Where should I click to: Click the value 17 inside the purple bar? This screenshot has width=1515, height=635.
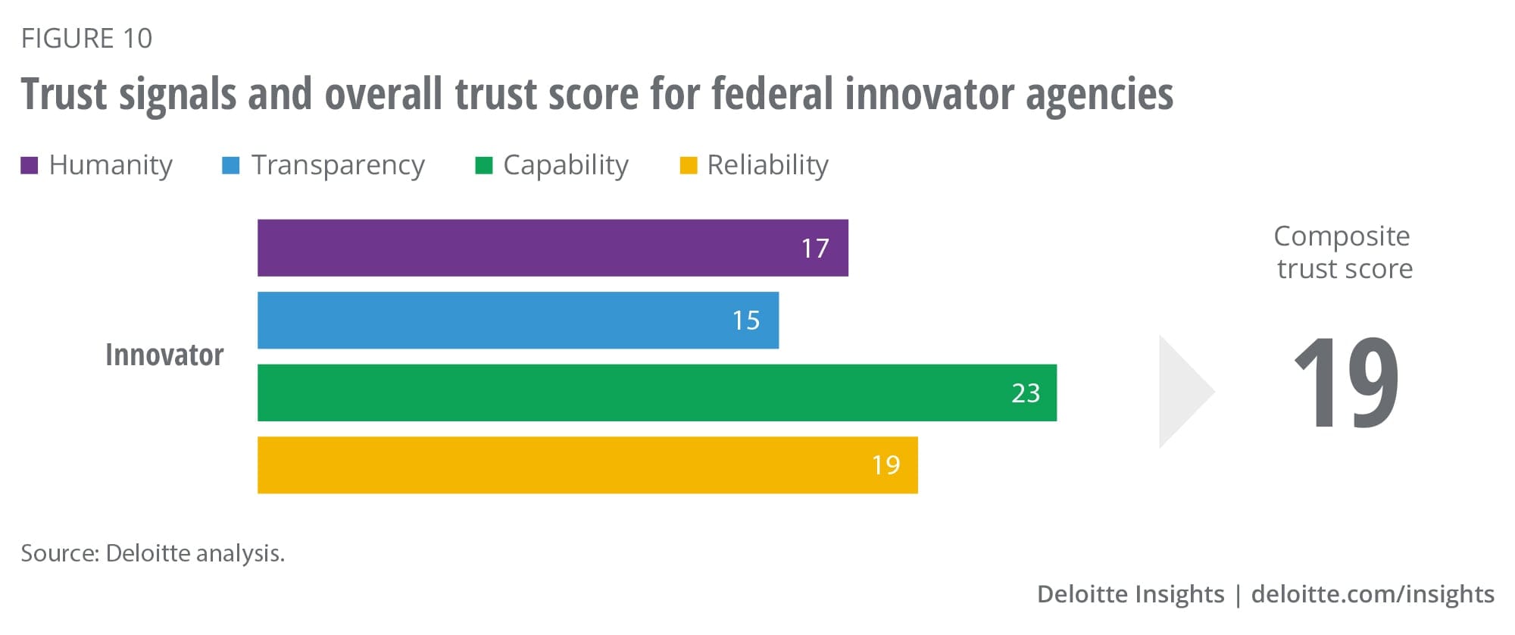point(815,249)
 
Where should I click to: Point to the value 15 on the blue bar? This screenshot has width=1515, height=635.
point(745,321)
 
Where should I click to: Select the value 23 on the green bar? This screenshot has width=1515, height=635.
point(1026,393)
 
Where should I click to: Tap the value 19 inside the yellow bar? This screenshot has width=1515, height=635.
point(886,465)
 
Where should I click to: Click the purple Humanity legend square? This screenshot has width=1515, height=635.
point(30,165)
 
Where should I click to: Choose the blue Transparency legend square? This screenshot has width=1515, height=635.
point(230,165)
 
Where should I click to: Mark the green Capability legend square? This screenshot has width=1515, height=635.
point(483,165)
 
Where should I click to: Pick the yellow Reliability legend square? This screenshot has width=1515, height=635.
point(688,165)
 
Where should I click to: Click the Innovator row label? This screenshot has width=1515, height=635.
point(164,355)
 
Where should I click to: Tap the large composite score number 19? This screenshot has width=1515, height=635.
point(1346,383)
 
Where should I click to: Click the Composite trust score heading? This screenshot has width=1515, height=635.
point(1344,252)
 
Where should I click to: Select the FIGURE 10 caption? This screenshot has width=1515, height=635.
point(87,39)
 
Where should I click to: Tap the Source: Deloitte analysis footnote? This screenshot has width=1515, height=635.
point(153,554)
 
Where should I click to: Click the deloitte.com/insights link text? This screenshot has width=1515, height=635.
point(1373,594)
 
